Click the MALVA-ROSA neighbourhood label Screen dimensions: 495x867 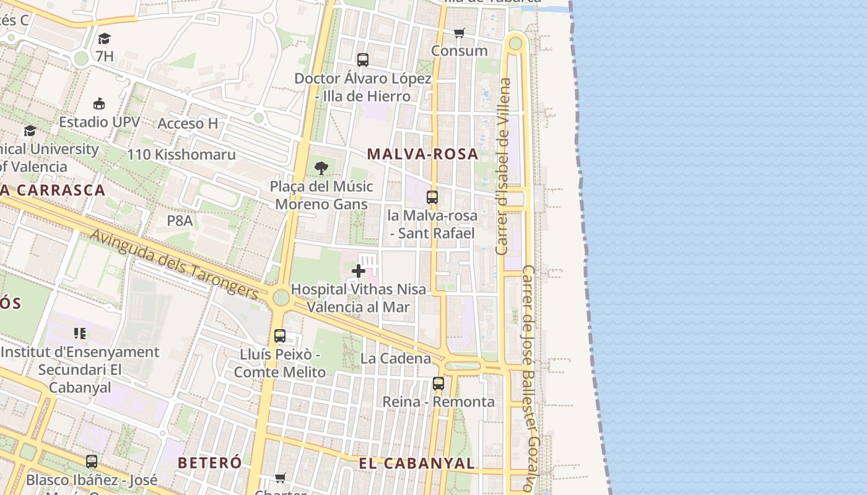coord(423,154)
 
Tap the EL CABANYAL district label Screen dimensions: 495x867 coord(417,463)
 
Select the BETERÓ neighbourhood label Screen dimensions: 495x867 coord(209,463)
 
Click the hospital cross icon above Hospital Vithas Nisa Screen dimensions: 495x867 coord(359,271)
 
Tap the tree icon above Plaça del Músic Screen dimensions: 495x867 coord(321,168)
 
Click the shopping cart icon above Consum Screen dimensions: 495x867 coord(459,33)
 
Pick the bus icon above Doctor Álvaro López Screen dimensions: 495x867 coord(363,60)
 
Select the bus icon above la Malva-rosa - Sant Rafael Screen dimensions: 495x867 coord(432,197)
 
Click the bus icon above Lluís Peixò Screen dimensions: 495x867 coord(280,336)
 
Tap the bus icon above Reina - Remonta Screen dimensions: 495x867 coord(438,384)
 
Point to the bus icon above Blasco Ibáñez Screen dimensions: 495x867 coord(92,462)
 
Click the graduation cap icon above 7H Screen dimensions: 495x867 coord(104,38)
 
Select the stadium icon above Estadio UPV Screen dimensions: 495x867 coord(99,103)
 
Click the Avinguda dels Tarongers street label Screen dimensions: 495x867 coord(175,264)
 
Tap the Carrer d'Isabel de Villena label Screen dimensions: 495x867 coord(503,166)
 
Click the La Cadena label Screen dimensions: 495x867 coord(396,358)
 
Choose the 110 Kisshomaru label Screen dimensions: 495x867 coord(181,154)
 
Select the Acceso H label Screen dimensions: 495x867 coord(188,123)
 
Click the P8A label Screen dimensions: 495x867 coord(180,221)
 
